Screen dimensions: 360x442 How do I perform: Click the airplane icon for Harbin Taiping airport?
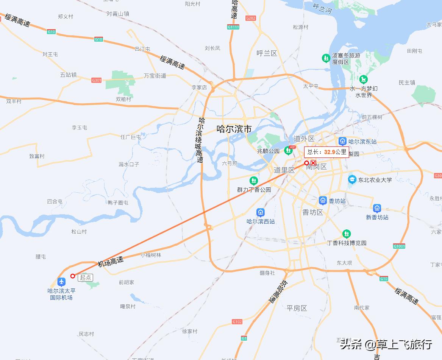click(61, 282)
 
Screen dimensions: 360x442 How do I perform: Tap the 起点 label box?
click(85, 277)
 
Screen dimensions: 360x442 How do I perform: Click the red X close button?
click(313, 163)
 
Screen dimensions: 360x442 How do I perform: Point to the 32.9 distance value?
click(329, 152)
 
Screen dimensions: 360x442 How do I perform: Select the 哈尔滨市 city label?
click(234, 129)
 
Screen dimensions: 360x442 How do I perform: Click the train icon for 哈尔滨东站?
click(342, 141)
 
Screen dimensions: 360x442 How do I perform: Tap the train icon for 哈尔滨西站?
click(260, 212)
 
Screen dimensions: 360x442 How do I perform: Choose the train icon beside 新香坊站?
click(377, 208)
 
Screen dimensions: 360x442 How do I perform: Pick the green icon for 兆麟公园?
click(289, 151)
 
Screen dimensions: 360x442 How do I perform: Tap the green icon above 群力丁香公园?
click(253, 181)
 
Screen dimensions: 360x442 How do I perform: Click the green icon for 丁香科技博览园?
click(346, 234)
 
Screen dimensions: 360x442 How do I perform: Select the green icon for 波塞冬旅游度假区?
click(326, 58)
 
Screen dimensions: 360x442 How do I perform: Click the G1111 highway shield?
click(233, 27)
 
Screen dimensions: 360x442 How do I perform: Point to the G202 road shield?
click(251, 18)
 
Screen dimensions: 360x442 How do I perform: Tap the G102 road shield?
click(237, 322)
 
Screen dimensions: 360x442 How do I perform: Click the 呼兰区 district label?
click(267, 53)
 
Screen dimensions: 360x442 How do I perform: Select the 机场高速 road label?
click(111, 262)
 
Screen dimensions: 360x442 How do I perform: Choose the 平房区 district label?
click(297, 308)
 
